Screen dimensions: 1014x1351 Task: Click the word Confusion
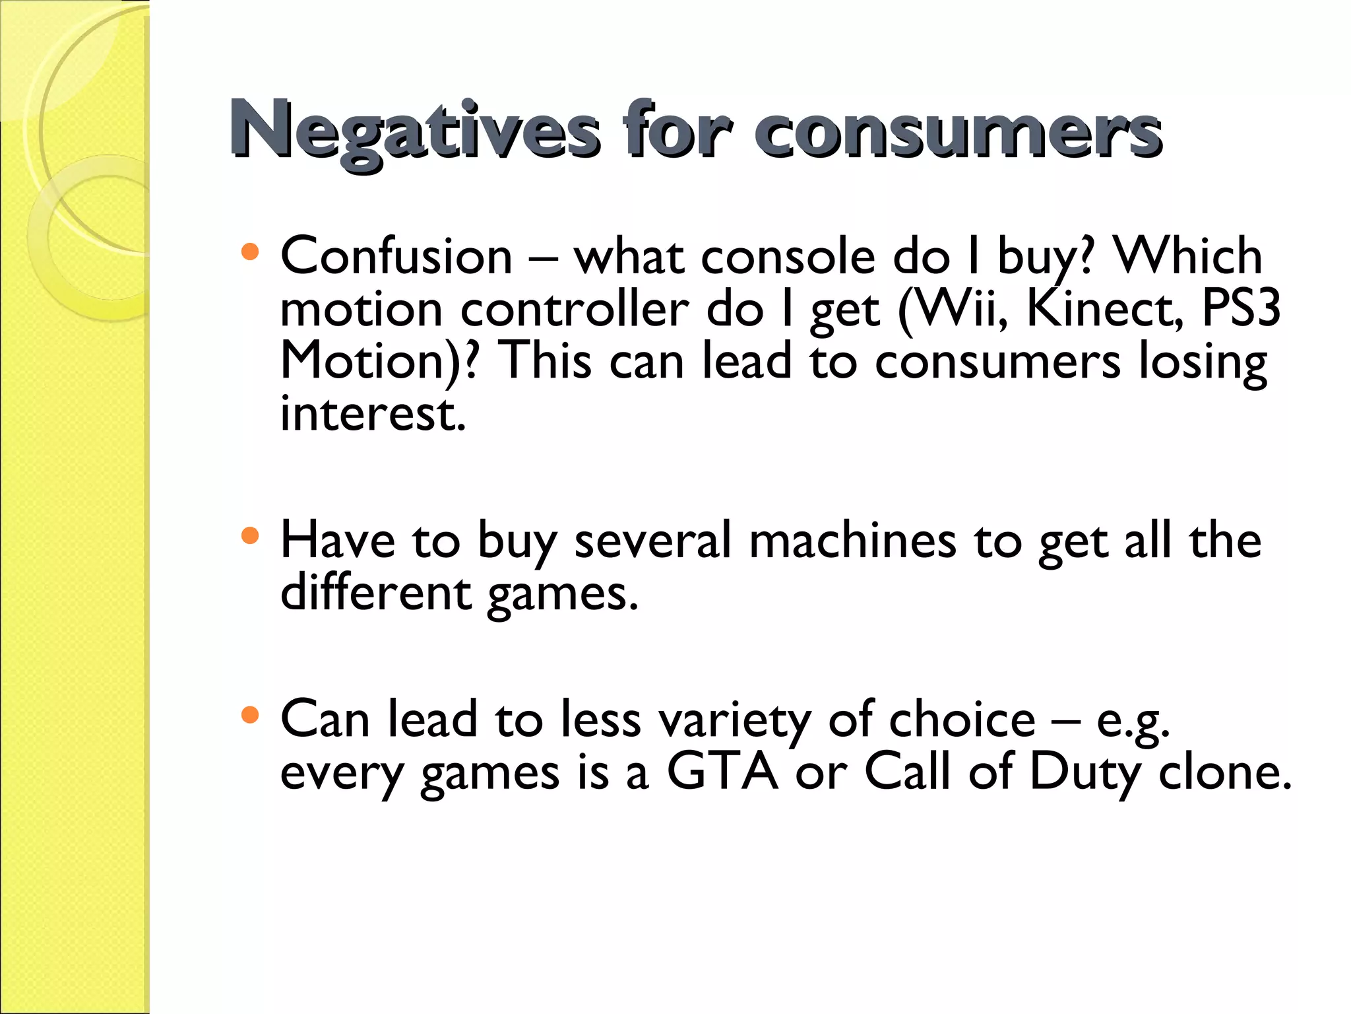[x=396, y=256]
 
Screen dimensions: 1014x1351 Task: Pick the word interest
[x=373, y=415]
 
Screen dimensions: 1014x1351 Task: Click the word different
[x=375, y=592]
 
